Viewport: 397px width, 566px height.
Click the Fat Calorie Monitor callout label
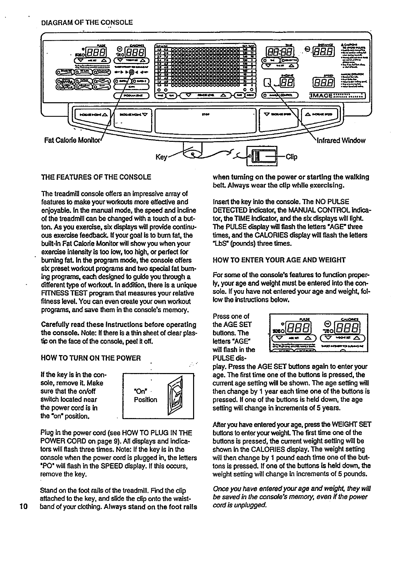pyautogui.click(x=73, y=140)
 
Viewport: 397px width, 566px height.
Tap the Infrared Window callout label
pyautogui.click(x=341, y=140)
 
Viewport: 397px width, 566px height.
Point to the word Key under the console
pyautogui.click(x=162, y=157)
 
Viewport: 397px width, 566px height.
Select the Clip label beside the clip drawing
pyautogui.click(x=291, y=157)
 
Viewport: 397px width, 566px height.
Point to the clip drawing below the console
pyautogui.click(x=262, y=156)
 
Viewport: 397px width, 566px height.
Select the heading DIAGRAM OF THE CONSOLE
pyautogui.click(x=87, y=23)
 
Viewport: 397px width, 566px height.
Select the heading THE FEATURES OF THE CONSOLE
pyautogui.click(x=96, y=177)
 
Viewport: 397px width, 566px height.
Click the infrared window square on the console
pyautogui.click(x=268, y=82)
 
